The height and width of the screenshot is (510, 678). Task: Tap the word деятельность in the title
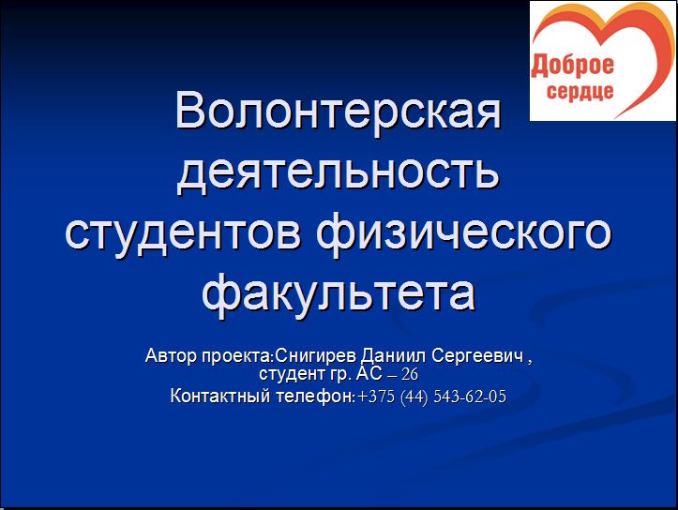point(339,172)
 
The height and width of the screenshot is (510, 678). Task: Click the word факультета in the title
point(339,293)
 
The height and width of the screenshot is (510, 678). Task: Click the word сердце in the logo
point(580,92)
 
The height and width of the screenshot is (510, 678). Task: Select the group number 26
point(410,374)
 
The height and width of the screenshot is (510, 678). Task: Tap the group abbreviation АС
point(369,373)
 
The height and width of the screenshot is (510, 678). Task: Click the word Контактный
point(220,396)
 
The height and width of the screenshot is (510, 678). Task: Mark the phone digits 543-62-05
point(470,397)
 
